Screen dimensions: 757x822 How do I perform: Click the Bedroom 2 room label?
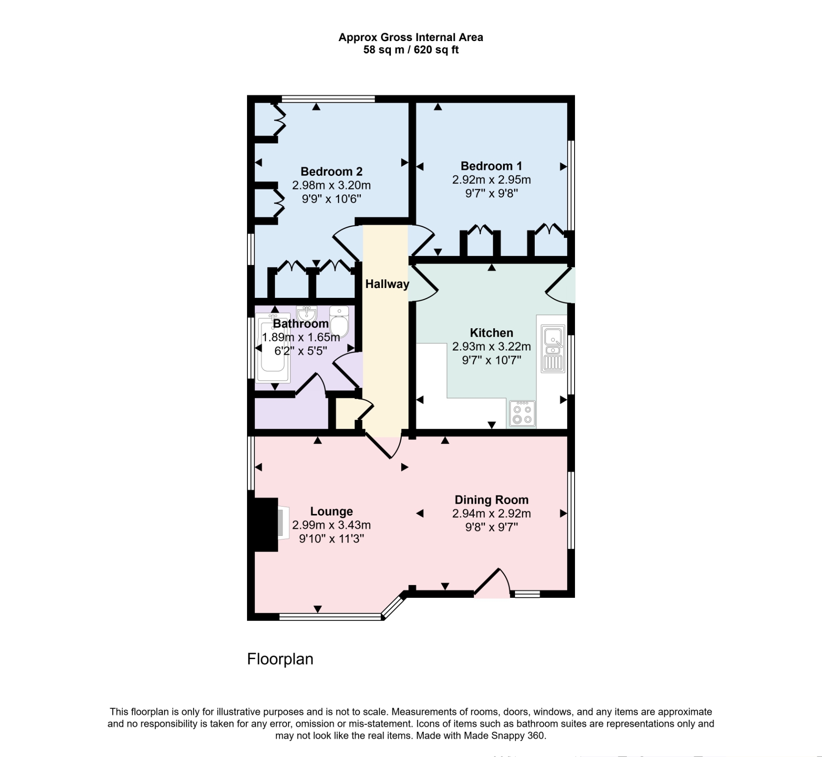(x=331, y=172)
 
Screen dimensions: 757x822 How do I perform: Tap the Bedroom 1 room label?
(x=491, y=166)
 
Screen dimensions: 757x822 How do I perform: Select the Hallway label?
(x=387, y=284)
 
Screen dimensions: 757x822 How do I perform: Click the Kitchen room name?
(x=491, y=332)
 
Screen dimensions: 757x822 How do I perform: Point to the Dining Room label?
(x=491, y=500)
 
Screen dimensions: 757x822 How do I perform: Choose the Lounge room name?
(x=331, y=511)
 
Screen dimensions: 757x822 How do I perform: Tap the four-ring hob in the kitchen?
(x=522, y=414)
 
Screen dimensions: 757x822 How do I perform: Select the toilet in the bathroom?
(x=340, y=322)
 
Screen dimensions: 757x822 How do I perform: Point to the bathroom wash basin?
(x=307, y=314)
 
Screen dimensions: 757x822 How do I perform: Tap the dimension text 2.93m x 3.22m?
(x=491, y=347)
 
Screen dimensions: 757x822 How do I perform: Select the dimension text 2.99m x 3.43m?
(x=331, y=525)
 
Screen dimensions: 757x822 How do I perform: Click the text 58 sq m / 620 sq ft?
(x=411, y=50)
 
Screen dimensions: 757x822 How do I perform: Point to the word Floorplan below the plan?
(x=280, y=659)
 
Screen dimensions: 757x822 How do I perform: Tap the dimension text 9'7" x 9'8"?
(x=491, y=193)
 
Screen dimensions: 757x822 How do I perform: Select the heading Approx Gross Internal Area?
(x=411, y=38)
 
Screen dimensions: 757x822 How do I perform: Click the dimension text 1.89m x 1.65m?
(x=301, y=337)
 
